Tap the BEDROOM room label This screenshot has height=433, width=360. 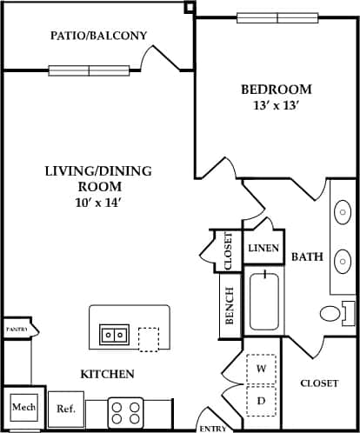276,90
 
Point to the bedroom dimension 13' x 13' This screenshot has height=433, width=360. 276,106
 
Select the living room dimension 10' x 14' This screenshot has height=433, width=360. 97,203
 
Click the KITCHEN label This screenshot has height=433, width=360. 107,374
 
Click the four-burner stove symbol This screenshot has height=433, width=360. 126,411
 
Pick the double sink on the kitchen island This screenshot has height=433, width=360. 115,334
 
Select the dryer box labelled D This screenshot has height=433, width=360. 261,400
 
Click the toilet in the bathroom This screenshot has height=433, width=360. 333,313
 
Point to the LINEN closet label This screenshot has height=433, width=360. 263,249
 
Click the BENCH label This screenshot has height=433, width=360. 230,305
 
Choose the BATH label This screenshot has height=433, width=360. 307,256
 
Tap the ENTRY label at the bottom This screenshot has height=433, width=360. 213,428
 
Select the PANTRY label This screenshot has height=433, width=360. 17,330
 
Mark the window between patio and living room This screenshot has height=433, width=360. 89,70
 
